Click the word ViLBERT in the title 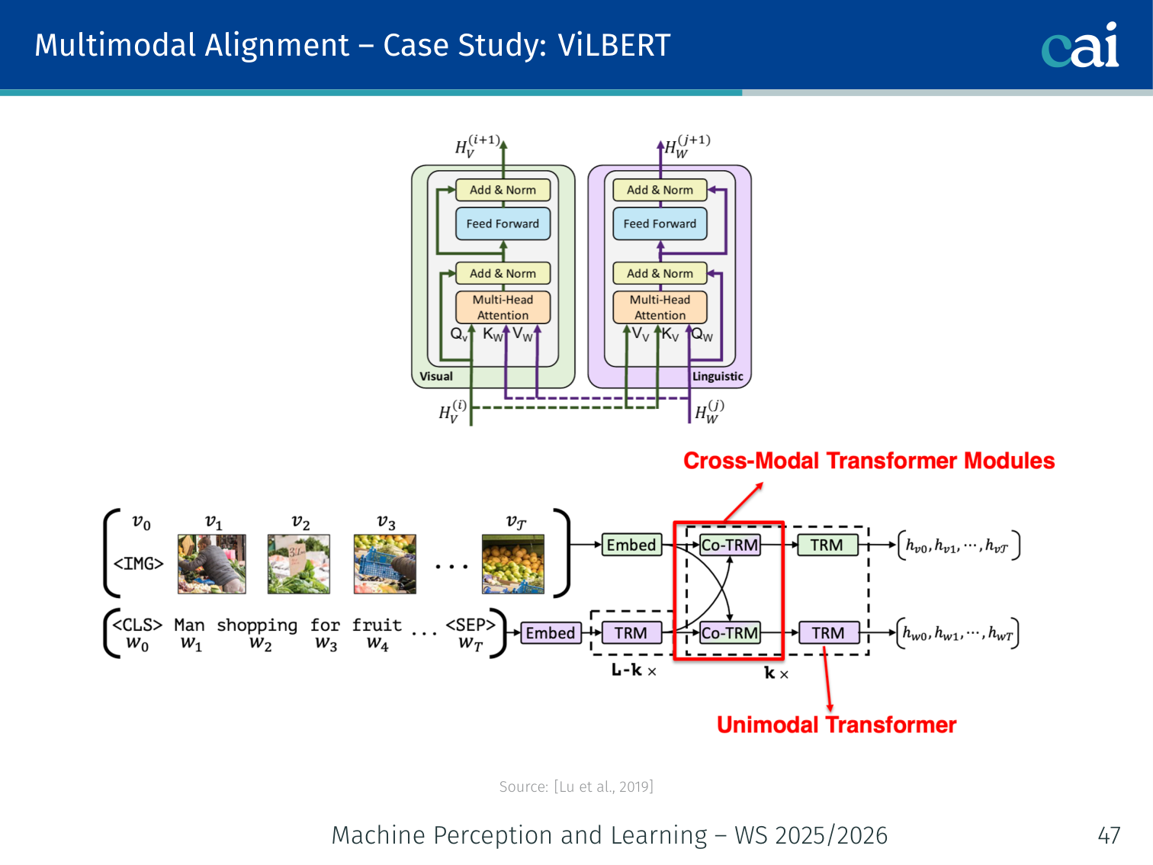click(614, 46)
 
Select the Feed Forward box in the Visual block click(503, 223)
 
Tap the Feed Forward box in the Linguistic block click(660, 223)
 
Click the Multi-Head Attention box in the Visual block click(503, 307)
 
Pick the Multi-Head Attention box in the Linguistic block click(660, 307)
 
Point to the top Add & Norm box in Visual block click(503, 190)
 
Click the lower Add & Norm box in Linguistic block click(660, 273)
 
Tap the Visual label click(436, 376)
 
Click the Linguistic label click(717, 376)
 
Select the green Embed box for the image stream click(631, 545)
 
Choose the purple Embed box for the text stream click(550, 633)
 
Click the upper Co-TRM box click(730, 545)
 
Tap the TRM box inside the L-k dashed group click(631, 633)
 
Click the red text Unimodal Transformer click(837, 725)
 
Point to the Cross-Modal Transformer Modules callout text click(869, 461)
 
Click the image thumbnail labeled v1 click(211, 564)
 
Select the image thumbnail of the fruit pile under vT click(512, 564)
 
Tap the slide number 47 click(1109, 835)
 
